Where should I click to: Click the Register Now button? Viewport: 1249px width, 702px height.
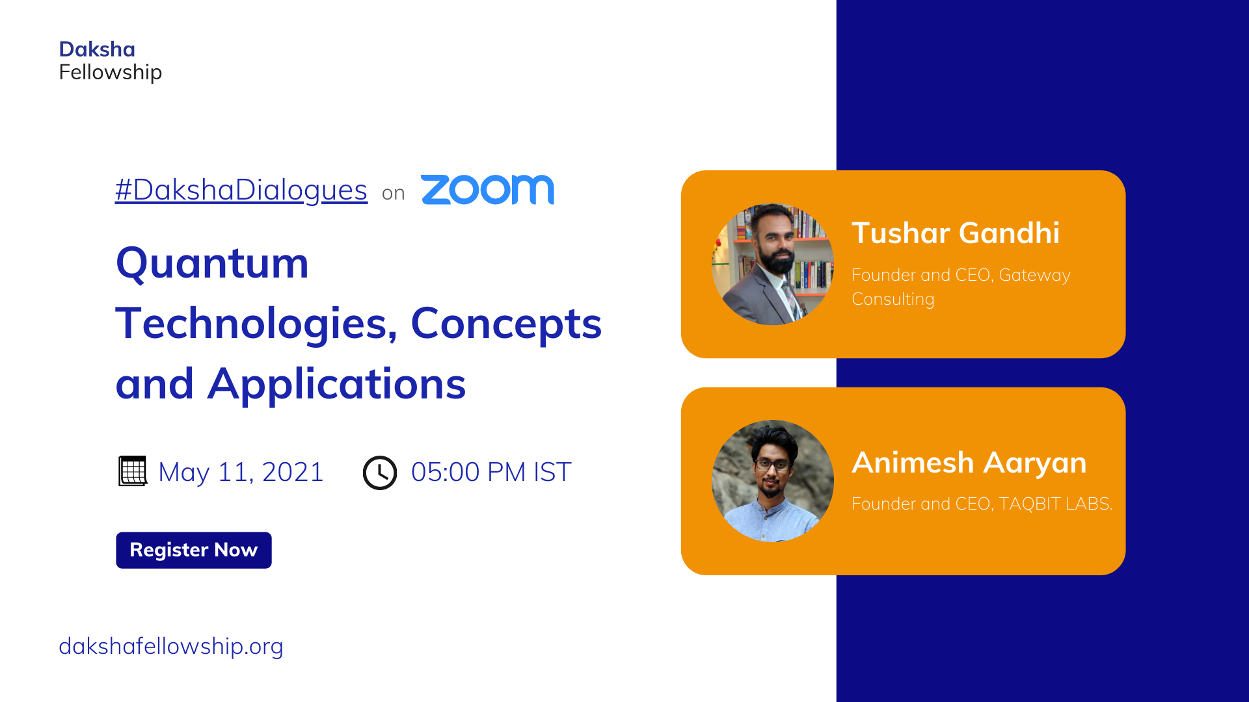pyautogui.click(x=194, y=550)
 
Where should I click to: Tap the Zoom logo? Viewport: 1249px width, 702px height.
pyautogui.click(x=487, y=190)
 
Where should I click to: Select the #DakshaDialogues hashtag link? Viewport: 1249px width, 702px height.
pyautogui.click(x=241, y=190)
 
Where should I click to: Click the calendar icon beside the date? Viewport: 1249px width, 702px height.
pyautogui.click(x=133, y=471)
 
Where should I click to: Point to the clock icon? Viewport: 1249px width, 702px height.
pyautogui.click(x=380, y=473)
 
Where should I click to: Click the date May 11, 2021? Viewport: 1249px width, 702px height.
pyautogui.click(x=241, y=472)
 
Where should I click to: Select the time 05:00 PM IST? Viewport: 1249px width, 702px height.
pyautogui.click(x=491, y=472)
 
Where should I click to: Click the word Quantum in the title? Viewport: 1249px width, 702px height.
pyautogui.click(x=212, y=264)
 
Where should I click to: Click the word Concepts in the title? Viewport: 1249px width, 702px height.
pyautogui.click(x=506, y=324)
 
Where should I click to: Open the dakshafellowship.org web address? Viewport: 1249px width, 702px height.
pyautogui.click(x=171, y=646)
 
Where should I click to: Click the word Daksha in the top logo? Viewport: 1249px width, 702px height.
pyautogui.click(x=97, y=49)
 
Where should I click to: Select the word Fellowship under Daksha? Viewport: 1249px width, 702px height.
pyautogui.click(x=111, y=72)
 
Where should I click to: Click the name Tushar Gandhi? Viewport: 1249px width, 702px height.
pyautogui.click(x=956, y=233)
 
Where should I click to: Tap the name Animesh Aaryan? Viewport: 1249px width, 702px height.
pyautogui.click(x=969, y=463)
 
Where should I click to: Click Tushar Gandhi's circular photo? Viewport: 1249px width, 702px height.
pyautogui.click(x=773, y=265)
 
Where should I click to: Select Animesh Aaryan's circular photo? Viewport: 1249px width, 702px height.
pyautogui.click(x=773, y=481)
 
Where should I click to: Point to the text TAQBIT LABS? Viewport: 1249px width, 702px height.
pyautogui.click(x=1056, y=504)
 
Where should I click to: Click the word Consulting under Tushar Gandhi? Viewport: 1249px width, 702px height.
pyautogui.click(x=893, y=299)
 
